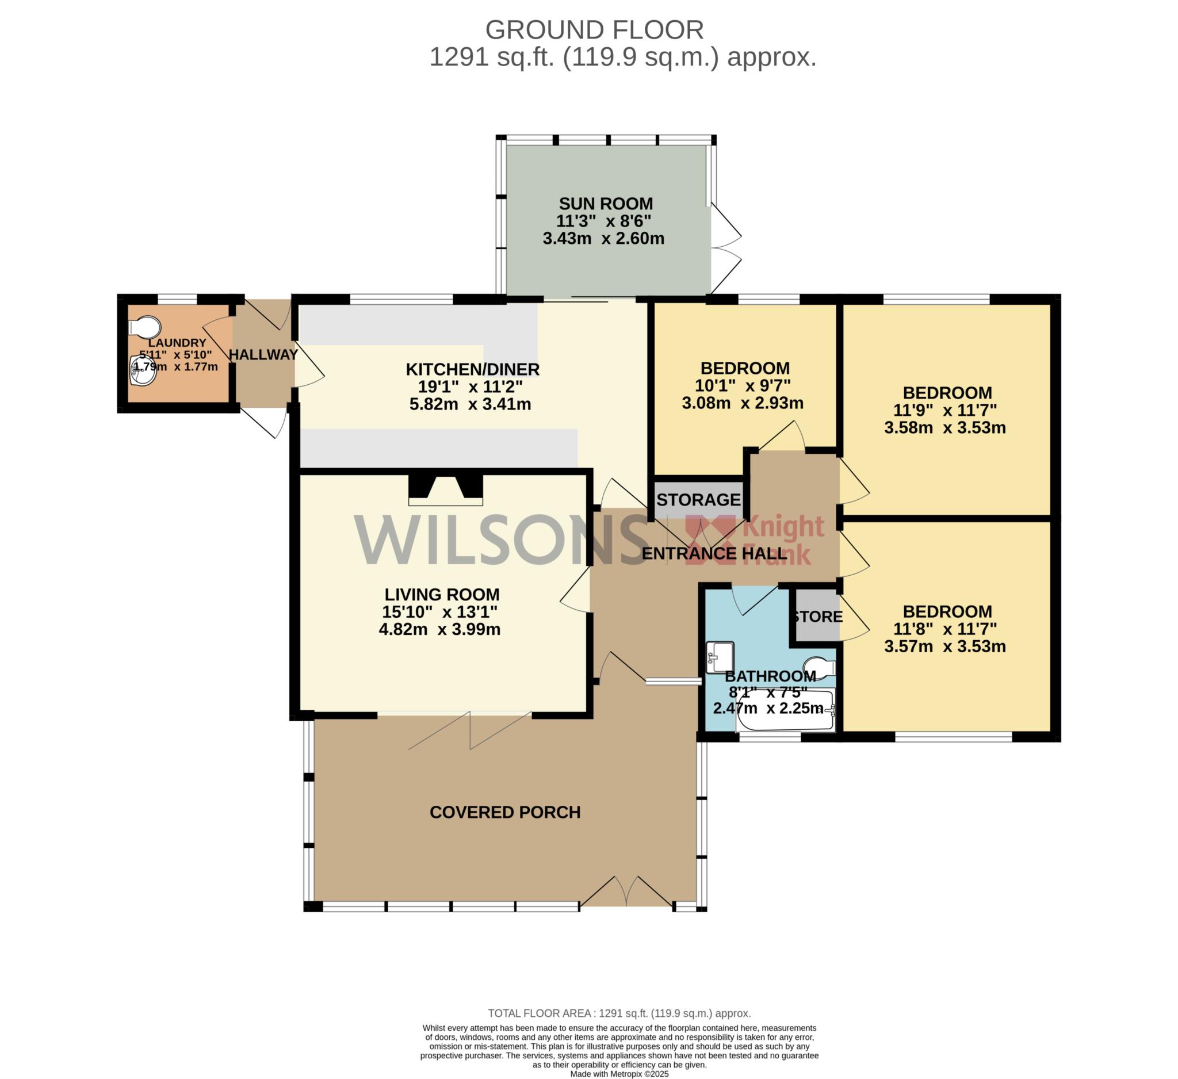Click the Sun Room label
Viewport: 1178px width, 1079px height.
(x=606, y=204)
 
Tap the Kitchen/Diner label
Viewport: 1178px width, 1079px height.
(x=473, y=369)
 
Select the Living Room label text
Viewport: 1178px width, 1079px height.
(x=442, y=595)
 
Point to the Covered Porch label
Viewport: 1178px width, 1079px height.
(x=505, y=813)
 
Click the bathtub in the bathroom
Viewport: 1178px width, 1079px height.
(x=786, y=710)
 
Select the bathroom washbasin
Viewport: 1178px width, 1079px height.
(x=720, y=657)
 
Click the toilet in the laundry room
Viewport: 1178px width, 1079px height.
(x=144, y=327)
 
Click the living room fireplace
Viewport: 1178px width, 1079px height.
(x=446, y=489)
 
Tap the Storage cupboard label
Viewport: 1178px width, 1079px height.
(x=698, y=499)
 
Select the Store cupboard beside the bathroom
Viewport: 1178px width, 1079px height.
(x=816, y=617)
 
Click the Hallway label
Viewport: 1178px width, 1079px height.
(x=263, y=355)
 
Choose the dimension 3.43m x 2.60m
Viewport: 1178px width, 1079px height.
(x=603, y=239)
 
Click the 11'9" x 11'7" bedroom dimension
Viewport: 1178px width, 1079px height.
(x=945, y=410)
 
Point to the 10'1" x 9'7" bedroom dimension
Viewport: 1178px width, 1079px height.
(x=743, y=385)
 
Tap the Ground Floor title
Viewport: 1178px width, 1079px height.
(x=594, y=30)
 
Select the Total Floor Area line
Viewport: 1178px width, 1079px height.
(x=619, y=1013)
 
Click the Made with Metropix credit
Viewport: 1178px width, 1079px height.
(x=619, y=1074)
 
